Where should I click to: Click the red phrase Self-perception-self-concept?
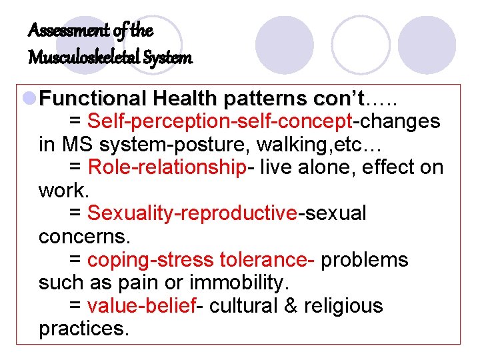tap(219, 121)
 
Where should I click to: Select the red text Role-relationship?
tap(167, 167)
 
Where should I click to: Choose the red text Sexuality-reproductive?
tap(192, 213)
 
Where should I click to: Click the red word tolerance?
tap(273, 259)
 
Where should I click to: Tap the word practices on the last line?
tap(83, 329)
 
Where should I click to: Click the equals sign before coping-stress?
tap(75, 259)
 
